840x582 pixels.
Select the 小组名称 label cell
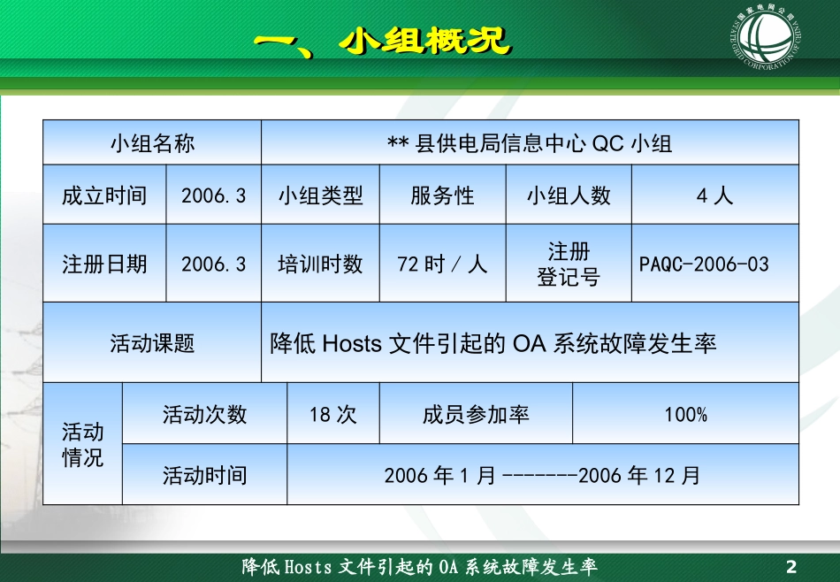[152, 143]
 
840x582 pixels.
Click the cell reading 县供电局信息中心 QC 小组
[530, 143]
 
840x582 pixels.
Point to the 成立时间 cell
[104, 195]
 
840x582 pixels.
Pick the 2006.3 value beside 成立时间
[213, 195]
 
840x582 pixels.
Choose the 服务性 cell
[442, 195]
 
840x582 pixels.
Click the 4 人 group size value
[714, 195]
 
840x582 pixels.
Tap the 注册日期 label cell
[104, 264]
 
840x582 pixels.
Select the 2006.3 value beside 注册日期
[213, 264]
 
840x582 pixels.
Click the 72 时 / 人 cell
[442, 264]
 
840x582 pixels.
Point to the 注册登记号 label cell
[569, 264]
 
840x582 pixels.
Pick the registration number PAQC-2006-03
[704, 264]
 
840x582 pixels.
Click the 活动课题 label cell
[152, 343]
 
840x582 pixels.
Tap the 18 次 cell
[332, 414]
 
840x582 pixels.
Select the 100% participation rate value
[685, 414]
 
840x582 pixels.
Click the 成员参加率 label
[476, 414]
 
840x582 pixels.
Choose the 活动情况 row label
[82, 444]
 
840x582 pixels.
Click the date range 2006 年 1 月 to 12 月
[542, 475]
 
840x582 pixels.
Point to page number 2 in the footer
[791, 567]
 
